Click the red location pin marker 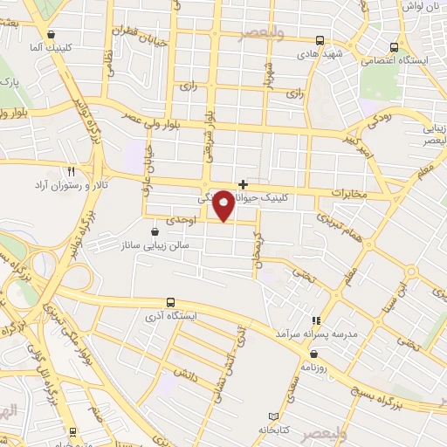pos(223,205)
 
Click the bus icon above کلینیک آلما pos(40,33)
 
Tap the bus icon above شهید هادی pos(320,40)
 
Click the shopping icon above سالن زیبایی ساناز pos(155,232)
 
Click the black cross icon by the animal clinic pos(243,184)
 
